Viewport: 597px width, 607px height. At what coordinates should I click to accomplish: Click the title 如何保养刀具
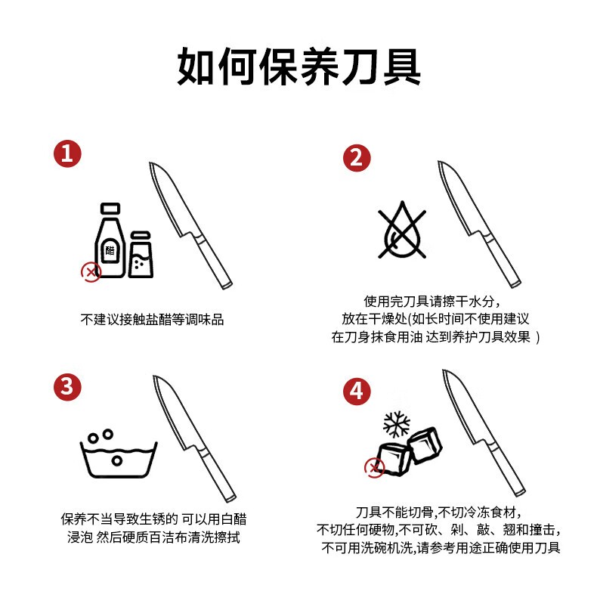pos(298,67)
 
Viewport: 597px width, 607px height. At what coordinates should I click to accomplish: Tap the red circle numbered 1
pos(67,153)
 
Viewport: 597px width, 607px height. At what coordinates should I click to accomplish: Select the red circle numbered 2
pos(357,158)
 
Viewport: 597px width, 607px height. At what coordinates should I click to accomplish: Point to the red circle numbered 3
pos(67,387)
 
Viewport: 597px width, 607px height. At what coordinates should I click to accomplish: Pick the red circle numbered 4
pos(357,392)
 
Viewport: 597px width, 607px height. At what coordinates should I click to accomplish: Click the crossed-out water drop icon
pos(402,230)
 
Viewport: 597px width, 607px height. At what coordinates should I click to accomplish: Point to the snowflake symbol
pos(396,424)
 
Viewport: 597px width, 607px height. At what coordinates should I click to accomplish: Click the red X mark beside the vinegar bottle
pos(91,272)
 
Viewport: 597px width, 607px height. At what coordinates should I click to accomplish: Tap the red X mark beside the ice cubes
pos(374,468)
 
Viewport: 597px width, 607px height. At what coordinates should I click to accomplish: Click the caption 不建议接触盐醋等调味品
pos(152,320)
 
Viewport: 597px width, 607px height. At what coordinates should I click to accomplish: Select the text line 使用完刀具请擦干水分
pos(432,301)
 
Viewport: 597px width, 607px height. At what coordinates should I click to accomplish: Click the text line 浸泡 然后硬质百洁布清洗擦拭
pos(153,537)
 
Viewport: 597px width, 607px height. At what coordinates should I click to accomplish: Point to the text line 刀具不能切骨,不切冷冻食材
pos(438,513)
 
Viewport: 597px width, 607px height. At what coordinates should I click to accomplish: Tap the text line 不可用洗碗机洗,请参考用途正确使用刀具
pos(441,548)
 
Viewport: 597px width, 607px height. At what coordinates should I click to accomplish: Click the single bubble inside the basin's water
pos(117,460)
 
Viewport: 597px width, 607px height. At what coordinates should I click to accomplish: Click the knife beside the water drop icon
pos(479,225)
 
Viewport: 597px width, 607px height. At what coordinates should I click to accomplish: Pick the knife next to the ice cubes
pos(484,433)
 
